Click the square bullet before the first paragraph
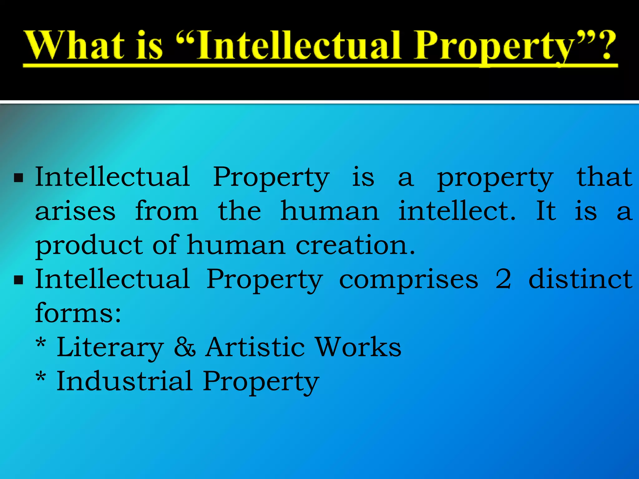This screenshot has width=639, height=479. [19, 178]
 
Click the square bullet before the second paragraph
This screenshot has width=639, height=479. [19, 280]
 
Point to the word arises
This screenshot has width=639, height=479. [75, 211]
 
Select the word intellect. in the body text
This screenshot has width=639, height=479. [457, 211]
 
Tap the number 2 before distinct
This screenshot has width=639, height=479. [503, 279]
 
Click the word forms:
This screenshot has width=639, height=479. [78, 313]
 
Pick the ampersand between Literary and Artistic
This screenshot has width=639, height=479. [185, 347]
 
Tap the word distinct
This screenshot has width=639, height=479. [580, 279]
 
